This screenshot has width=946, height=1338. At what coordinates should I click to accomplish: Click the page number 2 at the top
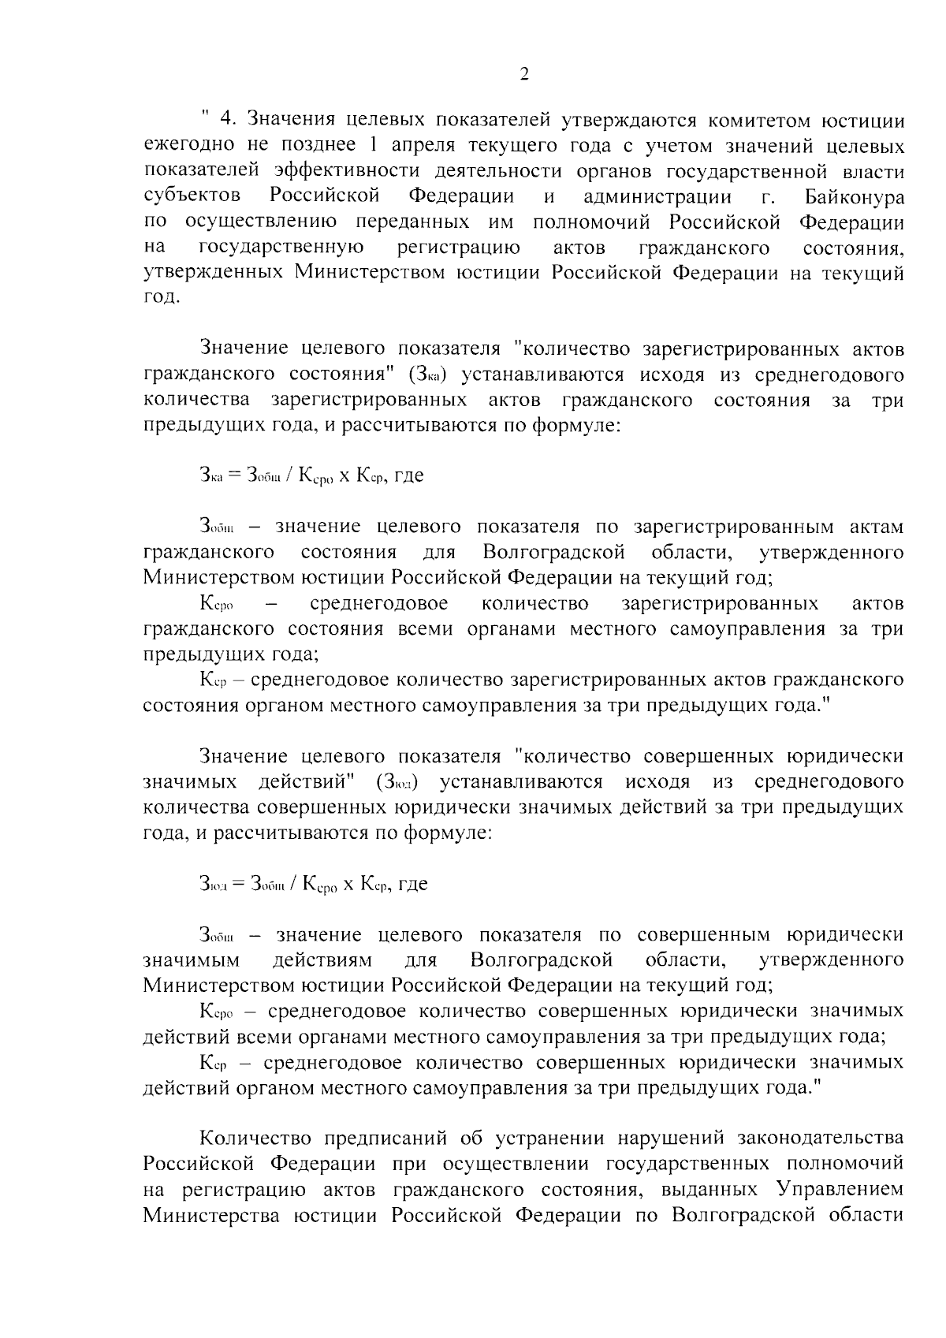(523, 75)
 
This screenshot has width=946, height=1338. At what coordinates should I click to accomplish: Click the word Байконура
(855, 196)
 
